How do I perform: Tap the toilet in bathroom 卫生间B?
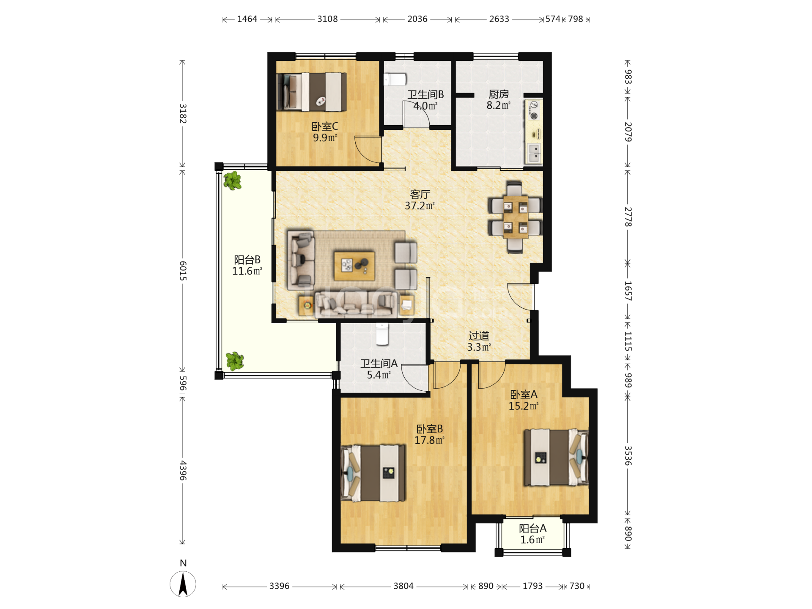coord(395,79)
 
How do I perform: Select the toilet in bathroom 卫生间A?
coord(382,334)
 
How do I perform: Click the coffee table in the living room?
coord(354,266)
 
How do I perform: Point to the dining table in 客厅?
coord(515,217)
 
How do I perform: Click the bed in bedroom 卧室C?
coord(312,92)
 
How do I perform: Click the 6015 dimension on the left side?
coord(183,271)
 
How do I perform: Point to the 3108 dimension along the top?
coord(328,19)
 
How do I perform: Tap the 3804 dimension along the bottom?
coord(403,586)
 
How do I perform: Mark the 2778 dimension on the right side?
coord(628,217)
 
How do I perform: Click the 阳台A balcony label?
coord(533,528)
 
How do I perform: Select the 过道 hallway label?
coord(479,336)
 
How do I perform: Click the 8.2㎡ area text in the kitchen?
coord(499,105)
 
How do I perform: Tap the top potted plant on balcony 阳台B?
coord(232,181)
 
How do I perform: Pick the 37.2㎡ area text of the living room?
coord(420,206)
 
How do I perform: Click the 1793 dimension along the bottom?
coord(532,586)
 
